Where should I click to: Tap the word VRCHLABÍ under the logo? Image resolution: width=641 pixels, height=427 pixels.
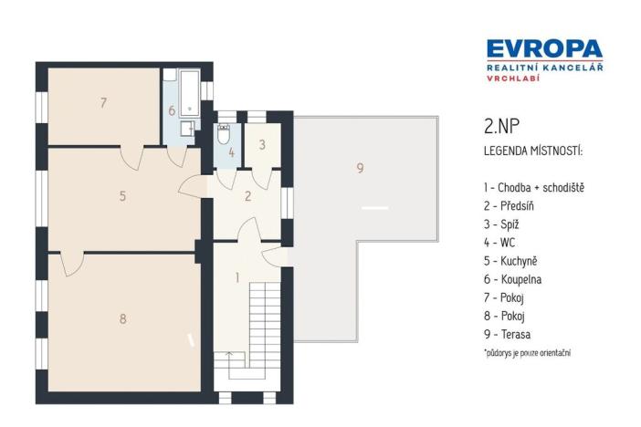508,79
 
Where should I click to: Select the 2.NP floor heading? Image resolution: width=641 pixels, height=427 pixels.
501,128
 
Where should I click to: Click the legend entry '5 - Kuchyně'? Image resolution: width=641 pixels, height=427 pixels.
513,262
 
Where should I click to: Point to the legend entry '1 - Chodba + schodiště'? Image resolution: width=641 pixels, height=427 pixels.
533,188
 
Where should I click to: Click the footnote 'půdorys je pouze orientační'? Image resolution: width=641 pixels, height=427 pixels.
532,352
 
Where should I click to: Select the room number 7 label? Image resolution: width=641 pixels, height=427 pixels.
104,103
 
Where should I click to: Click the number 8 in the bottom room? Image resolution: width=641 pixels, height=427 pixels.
123,318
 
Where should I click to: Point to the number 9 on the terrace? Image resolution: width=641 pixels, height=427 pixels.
360,168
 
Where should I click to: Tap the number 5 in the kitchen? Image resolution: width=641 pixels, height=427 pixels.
122,195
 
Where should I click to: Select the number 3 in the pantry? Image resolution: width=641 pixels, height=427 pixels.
261,144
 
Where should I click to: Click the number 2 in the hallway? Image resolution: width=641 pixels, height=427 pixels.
247,195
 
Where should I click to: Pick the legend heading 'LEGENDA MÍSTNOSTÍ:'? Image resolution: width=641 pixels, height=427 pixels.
531,149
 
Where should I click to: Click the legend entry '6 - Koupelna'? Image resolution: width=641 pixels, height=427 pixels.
516,280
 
